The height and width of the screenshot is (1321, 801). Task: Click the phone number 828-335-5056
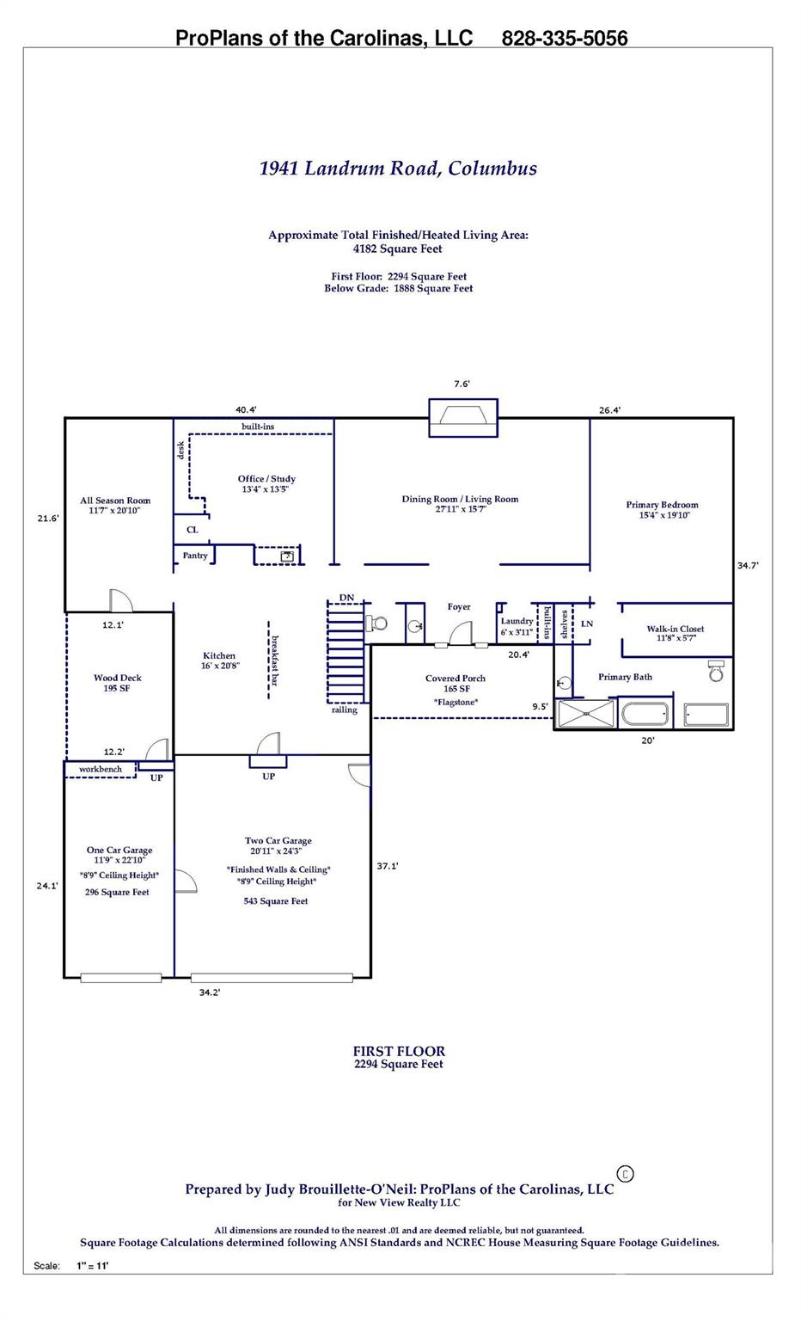point(564,38)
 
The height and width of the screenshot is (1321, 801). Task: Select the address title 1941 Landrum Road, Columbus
point(398,168)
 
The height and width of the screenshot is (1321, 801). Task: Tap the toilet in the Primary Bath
point(716,671)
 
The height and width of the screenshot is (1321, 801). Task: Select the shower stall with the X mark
point(586,715)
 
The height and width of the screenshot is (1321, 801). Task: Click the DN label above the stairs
point(346,598)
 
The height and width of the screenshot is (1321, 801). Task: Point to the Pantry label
point(195,556)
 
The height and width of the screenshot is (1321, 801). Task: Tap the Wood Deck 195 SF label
point(118,683)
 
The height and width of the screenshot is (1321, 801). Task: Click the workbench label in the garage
point(101,769)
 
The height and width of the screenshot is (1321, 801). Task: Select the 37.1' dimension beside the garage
point(388,866)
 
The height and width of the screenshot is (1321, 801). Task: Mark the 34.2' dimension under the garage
point(210,992)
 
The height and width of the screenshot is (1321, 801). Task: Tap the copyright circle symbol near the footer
point(626,1173)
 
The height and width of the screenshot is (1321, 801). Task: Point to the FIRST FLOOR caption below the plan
point(399,1051)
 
